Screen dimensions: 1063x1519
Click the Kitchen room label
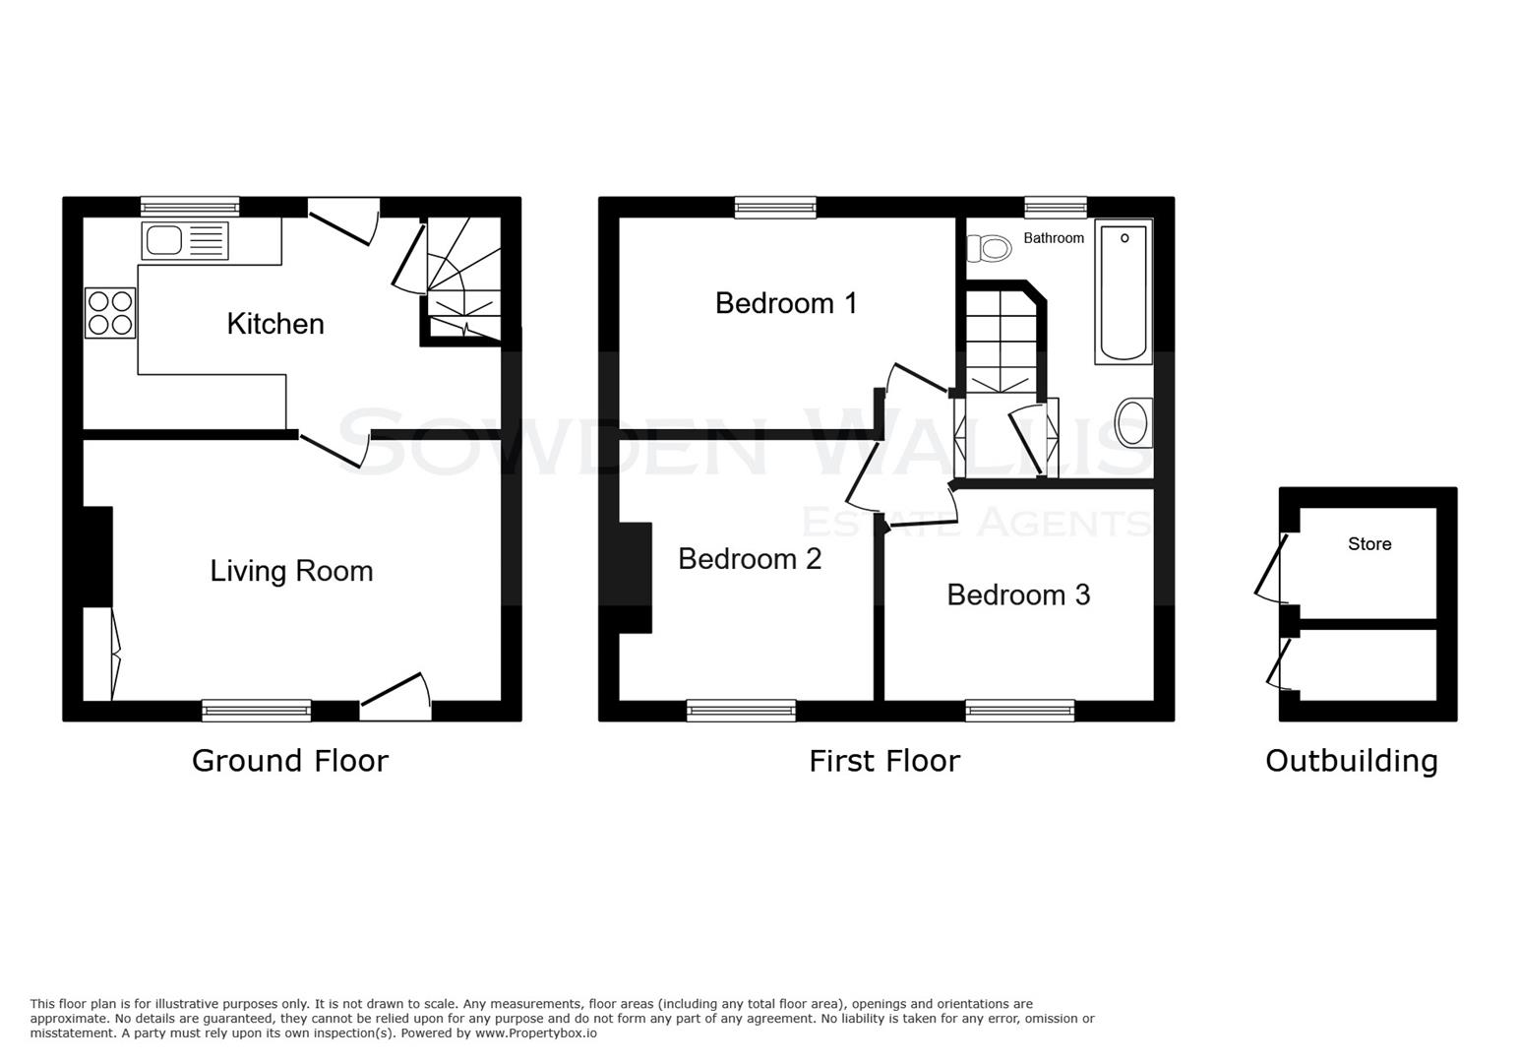pos(275,324)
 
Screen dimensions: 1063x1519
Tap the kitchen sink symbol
pos(185,241)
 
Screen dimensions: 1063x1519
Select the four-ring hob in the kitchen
pos(110,313)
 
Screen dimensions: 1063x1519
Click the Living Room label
pos(291,571)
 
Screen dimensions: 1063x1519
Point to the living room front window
pos(257,711)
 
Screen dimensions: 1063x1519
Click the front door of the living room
pos(396,695)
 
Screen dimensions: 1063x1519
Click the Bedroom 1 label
pos(786,303)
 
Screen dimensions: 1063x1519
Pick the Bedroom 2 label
pos(750,559)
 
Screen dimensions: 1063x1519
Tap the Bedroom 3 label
pos(1018,594)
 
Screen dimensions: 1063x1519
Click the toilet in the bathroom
pos(990,248)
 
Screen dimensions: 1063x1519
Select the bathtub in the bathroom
pos(1123,292)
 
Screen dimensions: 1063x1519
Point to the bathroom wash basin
pos(1133,424)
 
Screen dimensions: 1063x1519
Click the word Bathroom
pos(1054,238)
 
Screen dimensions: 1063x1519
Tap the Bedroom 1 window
pos(775,207)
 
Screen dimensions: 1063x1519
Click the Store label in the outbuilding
pos(1368,544)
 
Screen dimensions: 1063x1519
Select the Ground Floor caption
pos(290,761)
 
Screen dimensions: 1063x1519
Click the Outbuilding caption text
pos(1351,761)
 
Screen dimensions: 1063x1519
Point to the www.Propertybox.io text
pos(535,1033)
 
